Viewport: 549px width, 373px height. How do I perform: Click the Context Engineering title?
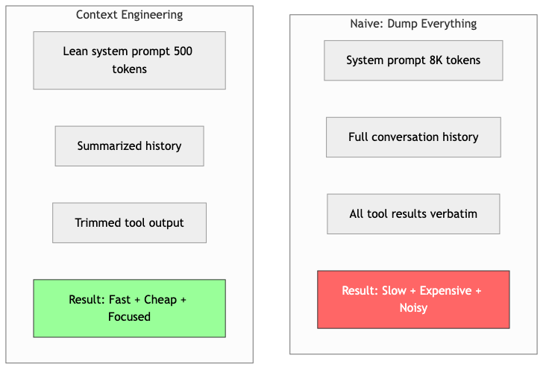129,15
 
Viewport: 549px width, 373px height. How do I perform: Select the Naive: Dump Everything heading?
412,24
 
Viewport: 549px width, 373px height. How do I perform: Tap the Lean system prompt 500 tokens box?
129,60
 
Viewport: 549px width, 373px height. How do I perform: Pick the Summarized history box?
129,146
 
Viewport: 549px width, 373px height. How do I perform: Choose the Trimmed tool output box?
129,223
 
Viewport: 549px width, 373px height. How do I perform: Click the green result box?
129,308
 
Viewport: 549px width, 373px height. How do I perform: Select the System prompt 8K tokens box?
412,60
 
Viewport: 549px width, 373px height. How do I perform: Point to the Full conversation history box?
412,137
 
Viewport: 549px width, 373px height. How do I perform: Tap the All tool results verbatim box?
412,214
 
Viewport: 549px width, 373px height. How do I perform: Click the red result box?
412,299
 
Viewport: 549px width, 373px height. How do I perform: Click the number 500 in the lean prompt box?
189,52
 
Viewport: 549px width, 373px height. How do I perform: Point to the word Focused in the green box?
129,317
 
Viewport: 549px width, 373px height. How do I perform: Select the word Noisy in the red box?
412,308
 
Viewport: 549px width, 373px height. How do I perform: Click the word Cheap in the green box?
161,300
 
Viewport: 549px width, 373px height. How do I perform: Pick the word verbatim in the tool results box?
453,214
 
